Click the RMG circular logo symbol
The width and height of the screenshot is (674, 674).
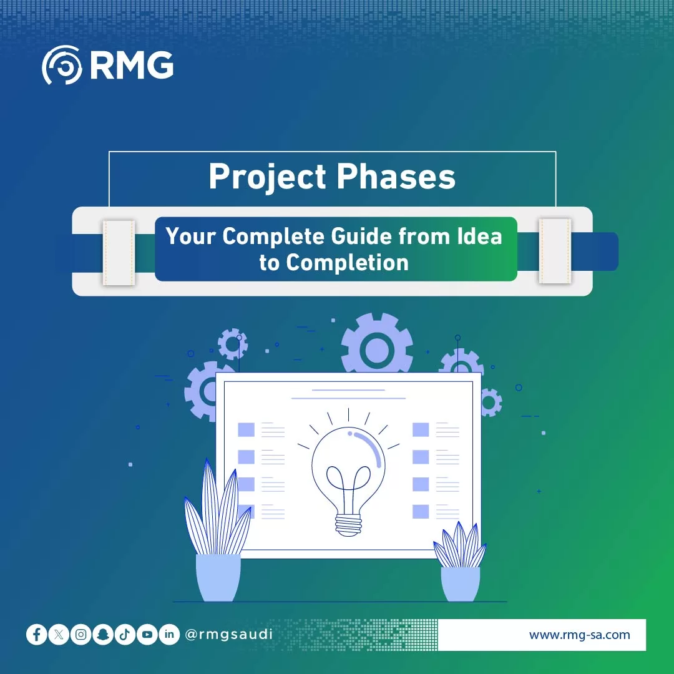[62, 65]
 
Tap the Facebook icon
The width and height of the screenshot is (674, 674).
[37, 635]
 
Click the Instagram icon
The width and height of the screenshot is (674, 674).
[81, 635]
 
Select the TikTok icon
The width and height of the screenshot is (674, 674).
[125, 635]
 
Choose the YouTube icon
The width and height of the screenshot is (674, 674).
[147, 635]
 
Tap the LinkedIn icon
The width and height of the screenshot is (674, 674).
[169, 635]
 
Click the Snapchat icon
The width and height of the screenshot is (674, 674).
[103, 635]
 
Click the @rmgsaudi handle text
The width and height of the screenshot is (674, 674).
[229, 635]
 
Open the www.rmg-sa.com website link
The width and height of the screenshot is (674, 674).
[579, 635]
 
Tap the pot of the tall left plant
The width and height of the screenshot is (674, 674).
[218, 577]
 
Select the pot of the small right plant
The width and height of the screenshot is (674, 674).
[461, 584]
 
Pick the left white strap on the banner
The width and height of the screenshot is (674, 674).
[119, 252]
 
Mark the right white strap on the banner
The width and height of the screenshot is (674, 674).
[555, 251]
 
